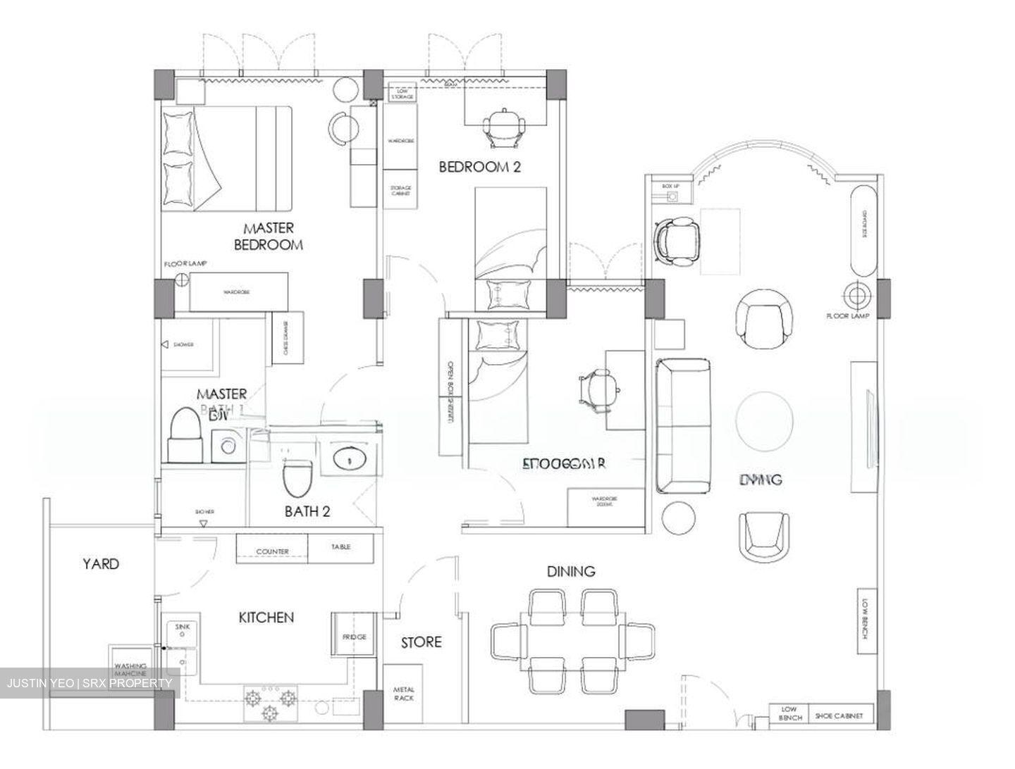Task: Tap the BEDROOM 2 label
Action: tap(479, 167)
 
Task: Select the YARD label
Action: tap(101, 563)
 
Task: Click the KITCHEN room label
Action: tap(266, 618)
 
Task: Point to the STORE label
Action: tap(421, 642)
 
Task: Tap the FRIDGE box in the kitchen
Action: tap(354, 637)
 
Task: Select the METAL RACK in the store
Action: tap(404, 694)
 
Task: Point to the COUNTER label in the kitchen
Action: tap(272, 551)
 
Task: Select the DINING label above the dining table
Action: tap(571, 571)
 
